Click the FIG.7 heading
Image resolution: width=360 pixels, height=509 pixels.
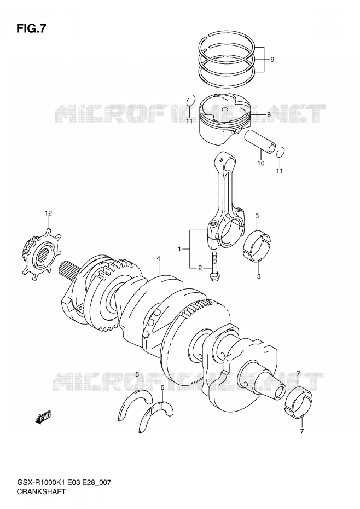(x=31, y=28)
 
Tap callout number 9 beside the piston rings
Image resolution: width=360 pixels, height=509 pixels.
(x=272, y=60)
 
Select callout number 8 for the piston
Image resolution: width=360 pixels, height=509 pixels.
(x=269, y=114)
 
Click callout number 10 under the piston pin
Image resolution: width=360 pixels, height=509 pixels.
(x=261, y=163)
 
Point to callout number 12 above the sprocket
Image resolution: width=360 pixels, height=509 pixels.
(x=48, y=213)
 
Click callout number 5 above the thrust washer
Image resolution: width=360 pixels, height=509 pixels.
(x=137, y=375)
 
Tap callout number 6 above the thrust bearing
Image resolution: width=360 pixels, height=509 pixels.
(x=162, y=387)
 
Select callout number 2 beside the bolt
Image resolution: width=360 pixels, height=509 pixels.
(x=200, y=268)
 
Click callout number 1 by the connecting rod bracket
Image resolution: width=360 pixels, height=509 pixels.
(x=179, y=250)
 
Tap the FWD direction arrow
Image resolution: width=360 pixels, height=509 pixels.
(x=44, y=418)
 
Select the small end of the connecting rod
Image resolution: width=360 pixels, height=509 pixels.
(x=226, y=160)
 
